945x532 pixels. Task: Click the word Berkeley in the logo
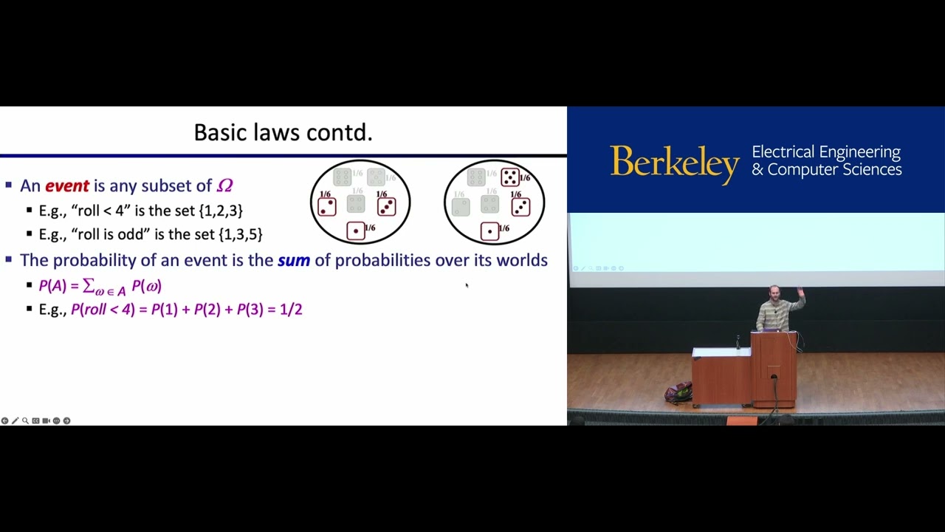tap(674, 163)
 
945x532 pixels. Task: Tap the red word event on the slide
tap(67, 186)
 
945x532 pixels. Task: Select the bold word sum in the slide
tap(293, 260)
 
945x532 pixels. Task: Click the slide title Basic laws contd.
tap(283, 133)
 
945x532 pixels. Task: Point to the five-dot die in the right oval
tap(509, 177)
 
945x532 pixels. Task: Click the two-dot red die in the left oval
tap(326, 207)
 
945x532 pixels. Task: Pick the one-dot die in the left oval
tap(356, 231)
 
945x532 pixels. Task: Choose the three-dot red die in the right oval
tap(520, 208)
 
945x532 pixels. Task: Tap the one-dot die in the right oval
tap(489, 232)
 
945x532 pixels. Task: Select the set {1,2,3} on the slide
tap(221, 211)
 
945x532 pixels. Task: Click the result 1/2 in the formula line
tap(291, 310)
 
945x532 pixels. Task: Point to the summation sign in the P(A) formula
tap(88, 286)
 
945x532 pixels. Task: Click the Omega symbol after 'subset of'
tap(224, 186)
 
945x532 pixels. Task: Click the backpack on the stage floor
tap(678, 392)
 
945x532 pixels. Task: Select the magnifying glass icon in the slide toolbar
tap(25, 420)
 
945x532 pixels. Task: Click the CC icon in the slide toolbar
tap(35, 420)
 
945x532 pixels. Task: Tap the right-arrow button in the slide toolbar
tap(66, 420)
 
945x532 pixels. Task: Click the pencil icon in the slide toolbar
tap(15, 420)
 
